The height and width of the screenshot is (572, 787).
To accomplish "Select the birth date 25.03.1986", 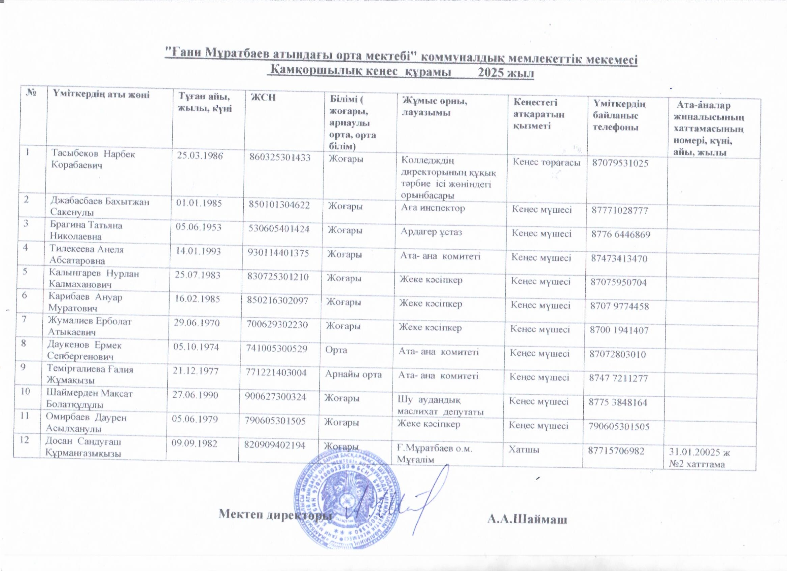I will point(200,155).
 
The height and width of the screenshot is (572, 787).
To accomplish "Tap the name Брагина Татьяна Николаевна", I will point(86,231).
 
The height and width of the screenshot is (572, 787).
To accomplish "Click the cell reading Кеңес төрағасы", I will point(547,162).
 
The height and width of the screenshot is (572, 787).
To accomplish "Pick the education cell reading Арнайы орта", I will point(353,374).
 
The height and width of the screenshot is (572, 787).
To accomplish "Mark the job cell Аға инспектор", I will point(433,208).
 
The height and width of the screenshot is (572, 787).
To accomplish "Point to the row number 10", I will point(25,391).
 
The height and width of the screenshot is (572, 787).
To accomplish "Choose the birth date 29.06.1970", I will point(197,323).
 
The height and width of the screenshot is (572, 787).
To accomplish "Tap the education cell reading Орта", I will point(336,350).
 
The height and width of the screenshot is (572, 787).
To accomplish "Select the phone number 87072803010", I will point(618,354).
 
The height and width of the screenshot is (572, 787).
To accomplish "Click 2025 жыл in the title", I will point(506,73).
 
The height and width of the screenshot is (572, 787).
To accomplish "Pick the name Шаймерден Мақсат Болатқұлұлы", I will point(90,399).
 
